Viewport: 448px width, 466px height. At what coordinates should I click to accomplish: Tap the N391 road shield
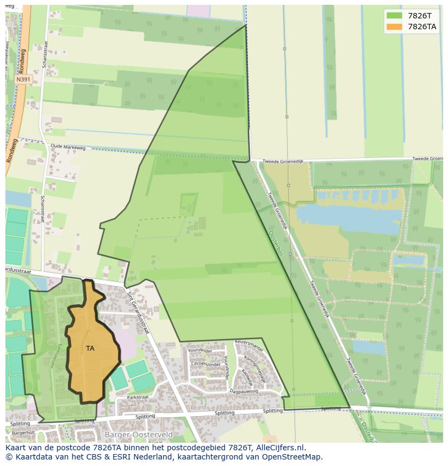[x=23, y=80]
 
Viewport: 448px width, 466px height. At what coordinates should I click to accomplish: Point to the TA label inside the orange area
[x=90, y=349]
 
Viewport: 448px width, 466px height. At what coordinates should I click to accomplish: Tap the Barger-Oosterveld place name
[x=139, y=435]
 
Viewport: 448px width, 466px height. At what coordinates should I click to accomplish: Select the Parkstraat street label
[x=137, y=397]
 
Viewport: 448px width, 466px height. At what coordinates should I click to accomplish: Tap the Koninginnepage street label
[x=254, y=368]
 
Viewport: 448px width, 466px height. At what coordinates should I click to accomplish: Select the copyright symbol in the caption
[x=9, y=457]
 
